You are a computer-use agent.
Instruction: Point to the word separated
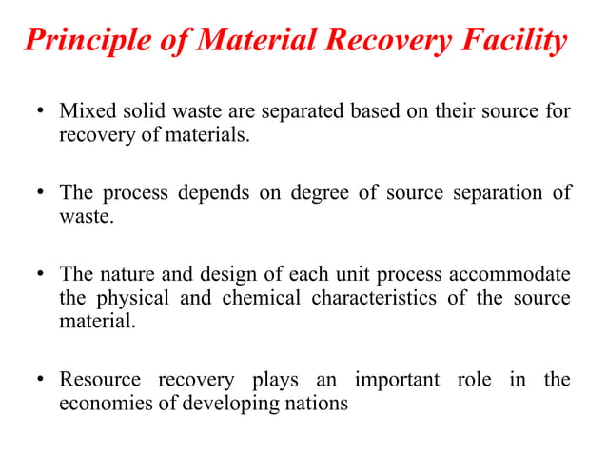pyautogui.click(x=276, y=112)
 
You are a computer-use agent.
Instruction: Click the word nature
pyautogui.click(x=126, y=275)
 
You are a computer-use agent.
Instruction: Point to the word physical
pyautogui.click(x=134, y=298)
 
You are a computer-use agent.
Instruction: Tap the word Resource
pyautogui.click(x=100, y=380)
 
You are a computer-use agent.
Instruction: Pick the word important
pyautogui.click(x=397, y=380)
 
